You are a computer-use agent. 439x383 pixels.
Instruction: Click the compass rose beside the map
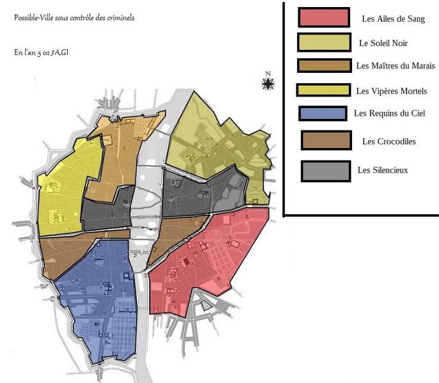(268, 83)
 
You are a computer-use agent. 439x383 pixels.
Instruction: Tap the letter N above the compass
(268, 73)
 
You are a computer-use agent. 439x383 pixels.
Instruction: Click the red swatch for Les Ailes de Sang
(323, 17)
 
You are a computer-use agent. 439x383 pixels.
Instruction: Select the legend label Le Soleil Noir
(383, 43)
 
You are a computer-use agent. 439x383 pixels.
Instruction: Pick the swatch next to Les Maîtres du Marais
(324, 65)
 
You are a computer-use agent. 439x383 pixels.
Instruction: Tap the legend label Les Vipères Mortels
(391, 91)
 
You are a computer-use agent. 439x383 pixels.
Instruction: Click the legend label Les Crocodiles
(389, 141)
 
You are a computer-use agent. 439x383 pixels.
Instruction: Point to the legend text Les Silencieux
(382, 170)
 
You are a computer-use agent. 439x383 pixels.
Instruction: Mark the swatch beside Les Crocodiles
(325, 141)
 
